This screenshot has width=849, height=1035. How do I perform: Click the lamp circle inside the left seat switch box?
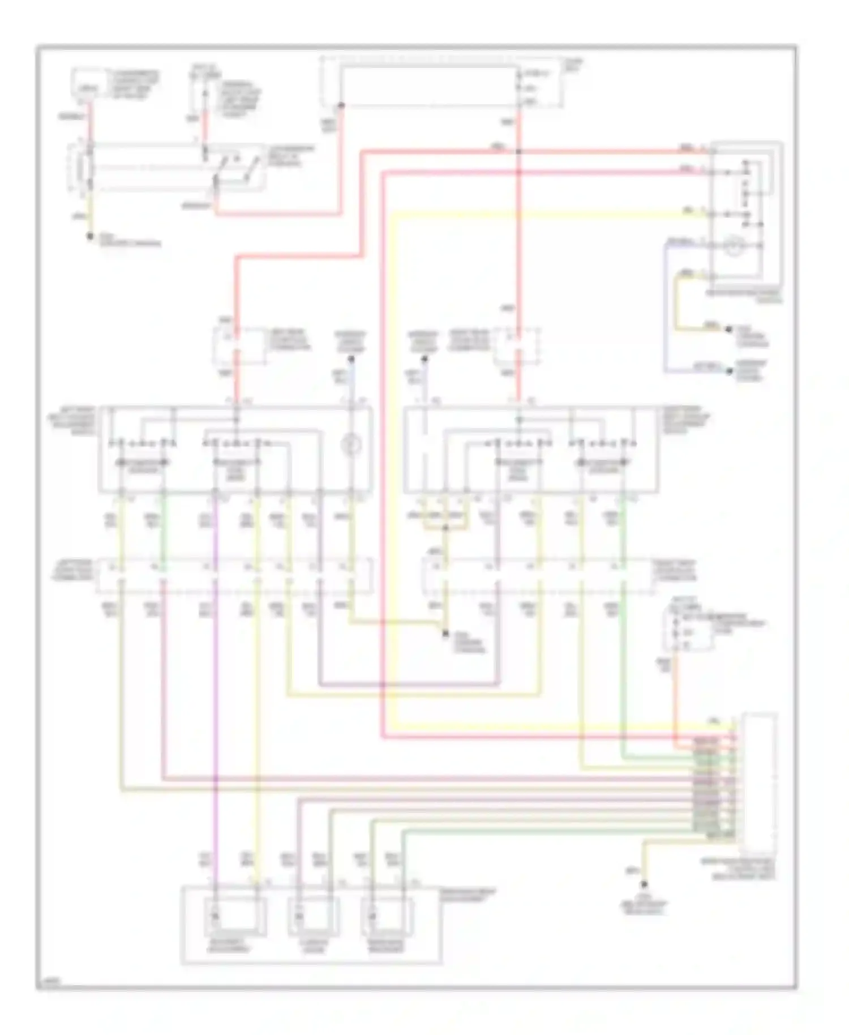[x=350, y=445]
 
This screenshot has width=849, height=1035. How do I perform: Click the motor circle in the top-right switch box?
[x=734, y=245]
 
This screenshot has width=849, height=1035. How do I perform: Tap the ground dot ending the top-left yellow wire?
[x=89, y=236]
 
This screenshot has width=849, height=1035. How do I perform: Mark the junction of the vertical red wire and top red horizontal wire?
[x=518, y=151]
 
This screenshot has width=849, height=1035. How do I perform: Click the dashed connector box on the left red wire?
[x=238, y=346]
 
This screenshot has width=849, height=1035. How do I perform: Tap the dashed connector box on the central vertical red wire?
[x=516, y=345]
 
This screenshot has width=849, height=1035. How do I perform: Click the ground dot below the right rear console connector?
[x=445, y=634]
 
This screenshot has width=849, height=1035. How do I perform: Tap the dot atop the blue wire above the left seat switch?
[x=351, y=359]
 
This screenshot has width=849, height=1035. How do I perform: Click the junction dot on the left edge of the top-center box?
[x=341, y=105]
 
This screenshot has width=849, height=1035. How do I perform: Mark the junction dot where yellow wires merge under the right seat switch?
[x=445, y=528]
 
